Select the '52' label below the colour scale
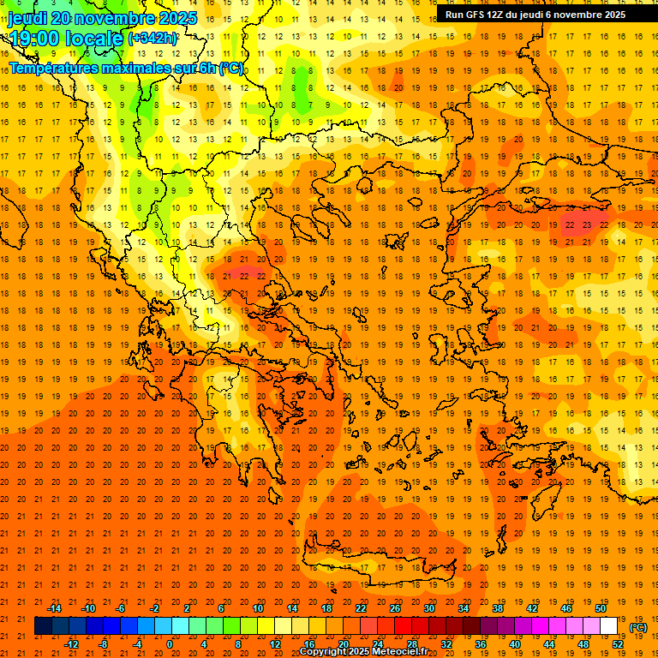[618, 644]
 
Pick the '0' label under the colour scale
[169, 644]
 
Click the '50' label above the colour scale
[600, 608]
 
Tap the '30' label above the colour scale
[428, 608]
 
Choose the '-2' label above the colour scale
[154, 608]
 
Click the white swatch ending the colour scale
[608, 626]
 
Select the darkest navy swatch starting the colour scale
[43, 626]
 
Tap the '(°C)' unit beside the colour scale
[638, 627]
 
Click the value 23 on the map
[586, 224]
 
